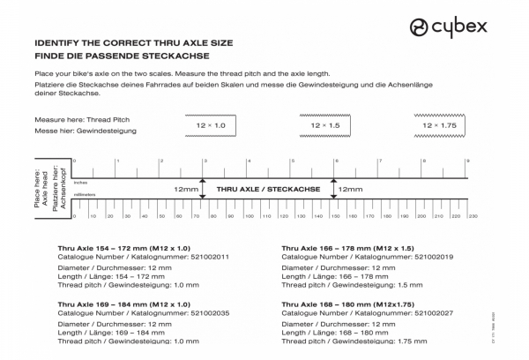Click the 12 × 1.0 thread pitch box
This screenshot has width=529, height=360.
click(x=211, y=127)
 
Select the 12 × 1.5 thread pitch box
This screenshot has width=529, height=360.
click(x=325, y=127)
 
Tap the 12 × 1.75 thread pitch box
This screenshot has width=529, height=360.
click(x=438, y=127)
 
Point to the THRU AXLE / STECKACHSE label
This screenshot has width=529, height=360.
click(x=267, y=189)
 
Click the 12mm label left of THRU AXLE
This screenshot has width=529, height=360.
click(x=186, y=189)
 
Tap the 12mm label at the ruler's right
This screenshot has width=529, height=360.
click(x=350, y=189)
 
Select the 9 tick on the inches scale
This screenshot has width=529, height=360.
click(x=468, y=161)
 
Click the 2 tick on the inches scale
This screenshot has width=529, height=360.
click(x=161, y=161)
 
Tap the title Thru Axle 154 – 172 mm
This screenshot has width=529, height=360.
click(x=123, y=249)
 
